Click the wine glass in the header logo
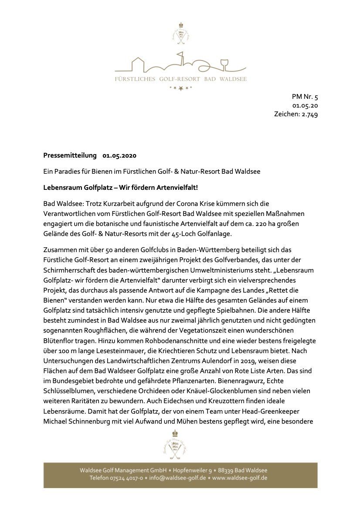point(224,63)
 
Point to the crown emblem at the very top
point(180,26)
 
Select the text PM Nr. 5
point(305,97)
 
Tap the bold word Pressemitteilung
point(70,155)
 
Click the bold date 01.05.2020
point(120,155)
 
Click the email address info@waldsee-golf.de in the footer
point(177,478)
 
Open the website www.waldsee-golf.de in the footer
point(240,478)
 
